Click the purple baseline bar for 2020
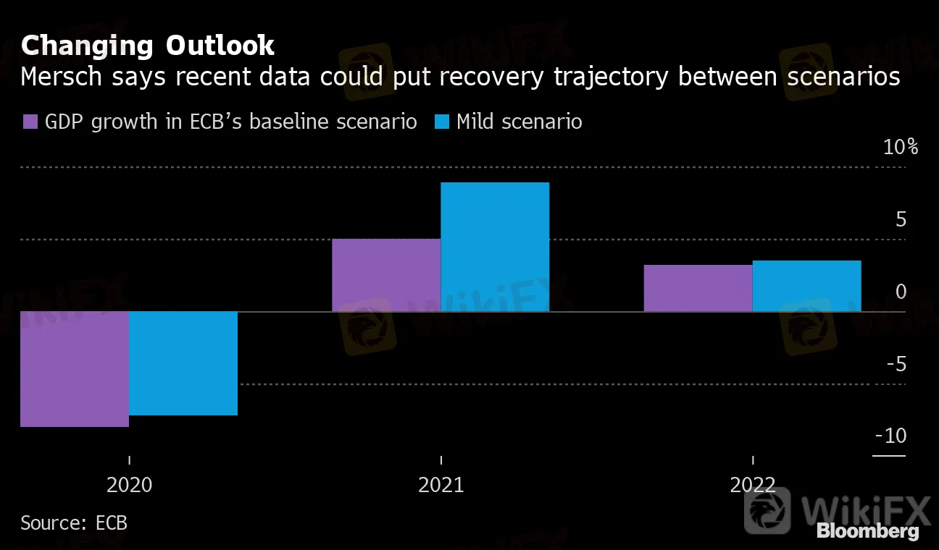[75, 369]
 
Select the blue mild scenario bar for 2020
[183, 363]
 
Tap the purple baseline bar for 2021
[386, 275]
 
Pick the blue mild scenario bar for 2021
[495, 247]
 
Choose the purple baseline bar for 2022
[698, 288]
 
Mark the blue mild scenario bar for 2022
[806, 286]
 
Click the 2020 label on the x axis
[130, 485]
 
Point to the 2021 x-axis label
[441, 485]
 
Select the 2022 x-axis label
[753, 485]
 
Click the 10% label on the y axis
[901, 148]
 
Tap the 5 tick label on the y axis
[901, 220]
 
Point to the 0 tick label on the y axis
[901, 292]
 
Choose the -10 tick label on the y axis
[891, 436]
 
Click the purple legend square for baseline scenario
[30, 122]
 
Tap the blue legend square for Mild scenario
[441, 122]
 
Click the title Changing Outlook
[148, 46]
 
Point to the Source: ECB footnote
[74, 522]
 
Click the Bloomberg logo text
[868, 531]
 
